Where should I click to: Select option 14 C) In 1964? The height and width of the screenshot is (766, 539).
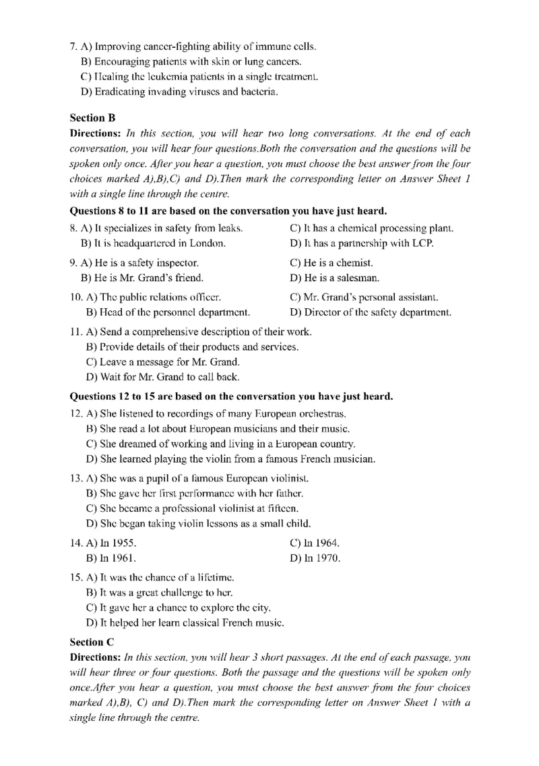[x=315, y=543]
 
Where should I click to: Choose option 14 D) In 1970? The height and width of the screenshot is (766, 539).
[x=315, y=558]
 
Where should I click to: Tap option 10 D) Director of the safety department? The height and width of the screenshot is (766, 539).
[x=371, y=312]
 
